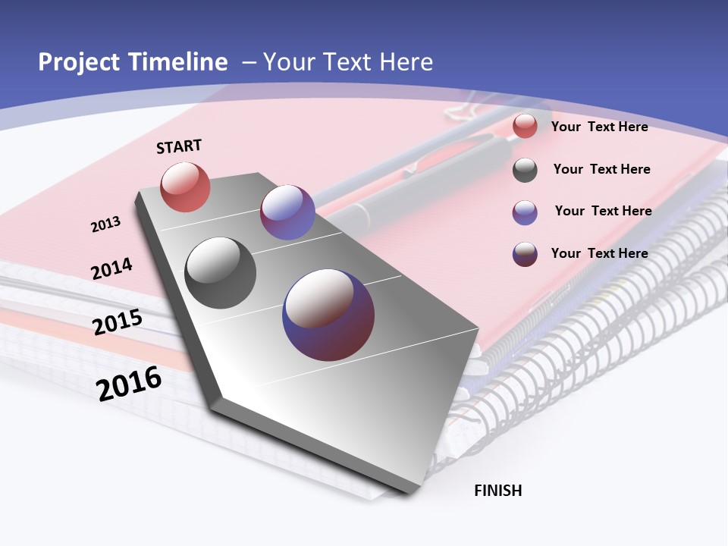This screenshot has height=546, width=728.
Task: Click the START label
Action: tap(179, 146)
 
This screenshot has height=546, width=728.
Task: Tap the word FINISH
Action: tap(497, 491)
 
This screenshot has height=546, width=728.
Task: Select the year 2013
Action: tap(105, 224)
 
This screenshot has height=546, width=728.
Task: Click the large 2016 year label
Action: tap(129, 384)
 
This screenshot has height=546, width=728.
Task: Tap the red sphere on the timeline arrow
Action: tap(185, 187)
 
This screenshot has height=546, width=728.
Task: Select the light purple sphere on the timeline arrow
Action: tap(287, 212)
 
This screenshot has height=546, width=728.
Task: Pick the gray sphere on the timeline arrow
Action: tap(221, 273)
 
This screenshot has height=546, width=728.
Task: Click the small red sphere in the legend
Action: tap(525, 127)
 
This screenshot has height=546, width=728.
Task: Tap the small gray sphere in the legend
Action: tap(525, 170)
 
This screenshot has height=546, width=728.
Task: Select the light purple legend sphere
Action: tap(525, 212)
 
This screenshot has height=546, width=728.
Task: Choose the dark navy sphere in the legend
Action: tap(525, 254)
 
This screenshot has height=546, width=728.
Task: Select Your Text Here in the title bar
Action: tap(347, 62)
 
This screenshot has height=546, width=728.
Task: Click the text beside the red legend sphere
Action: tap(599, 127)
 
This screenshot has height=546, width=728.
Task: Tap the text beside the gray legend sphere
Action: tap(601, 169)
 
